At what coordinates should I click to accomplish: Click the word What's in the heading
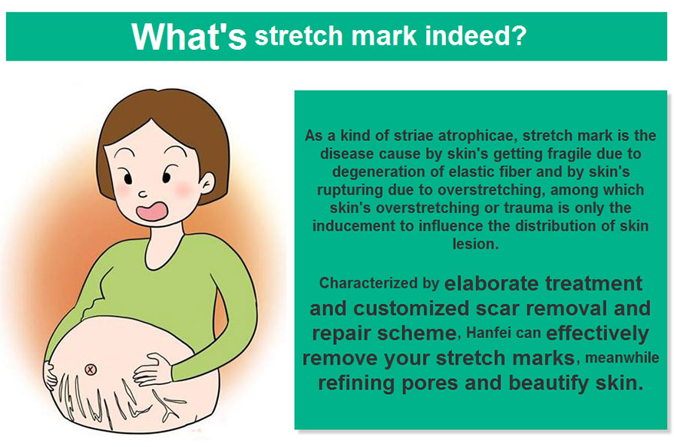click(x=189, y=36)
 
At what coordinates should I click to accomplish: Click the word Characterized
click(x=368, y=283)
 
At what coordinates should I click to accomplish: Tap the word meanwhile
click(x=622, y=358)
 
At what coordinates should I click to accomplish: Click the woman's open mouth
click(x=152, y=212)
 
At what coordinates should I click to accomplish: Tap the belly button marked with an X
click(x=91, y=370)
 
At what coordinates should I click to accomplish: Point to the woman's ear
click(x=208, y=183)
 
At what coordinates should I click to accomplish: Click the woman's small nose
click(x=143, y=194)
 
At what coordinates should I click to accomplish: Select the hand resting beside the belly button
click(x=153, y=370)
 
